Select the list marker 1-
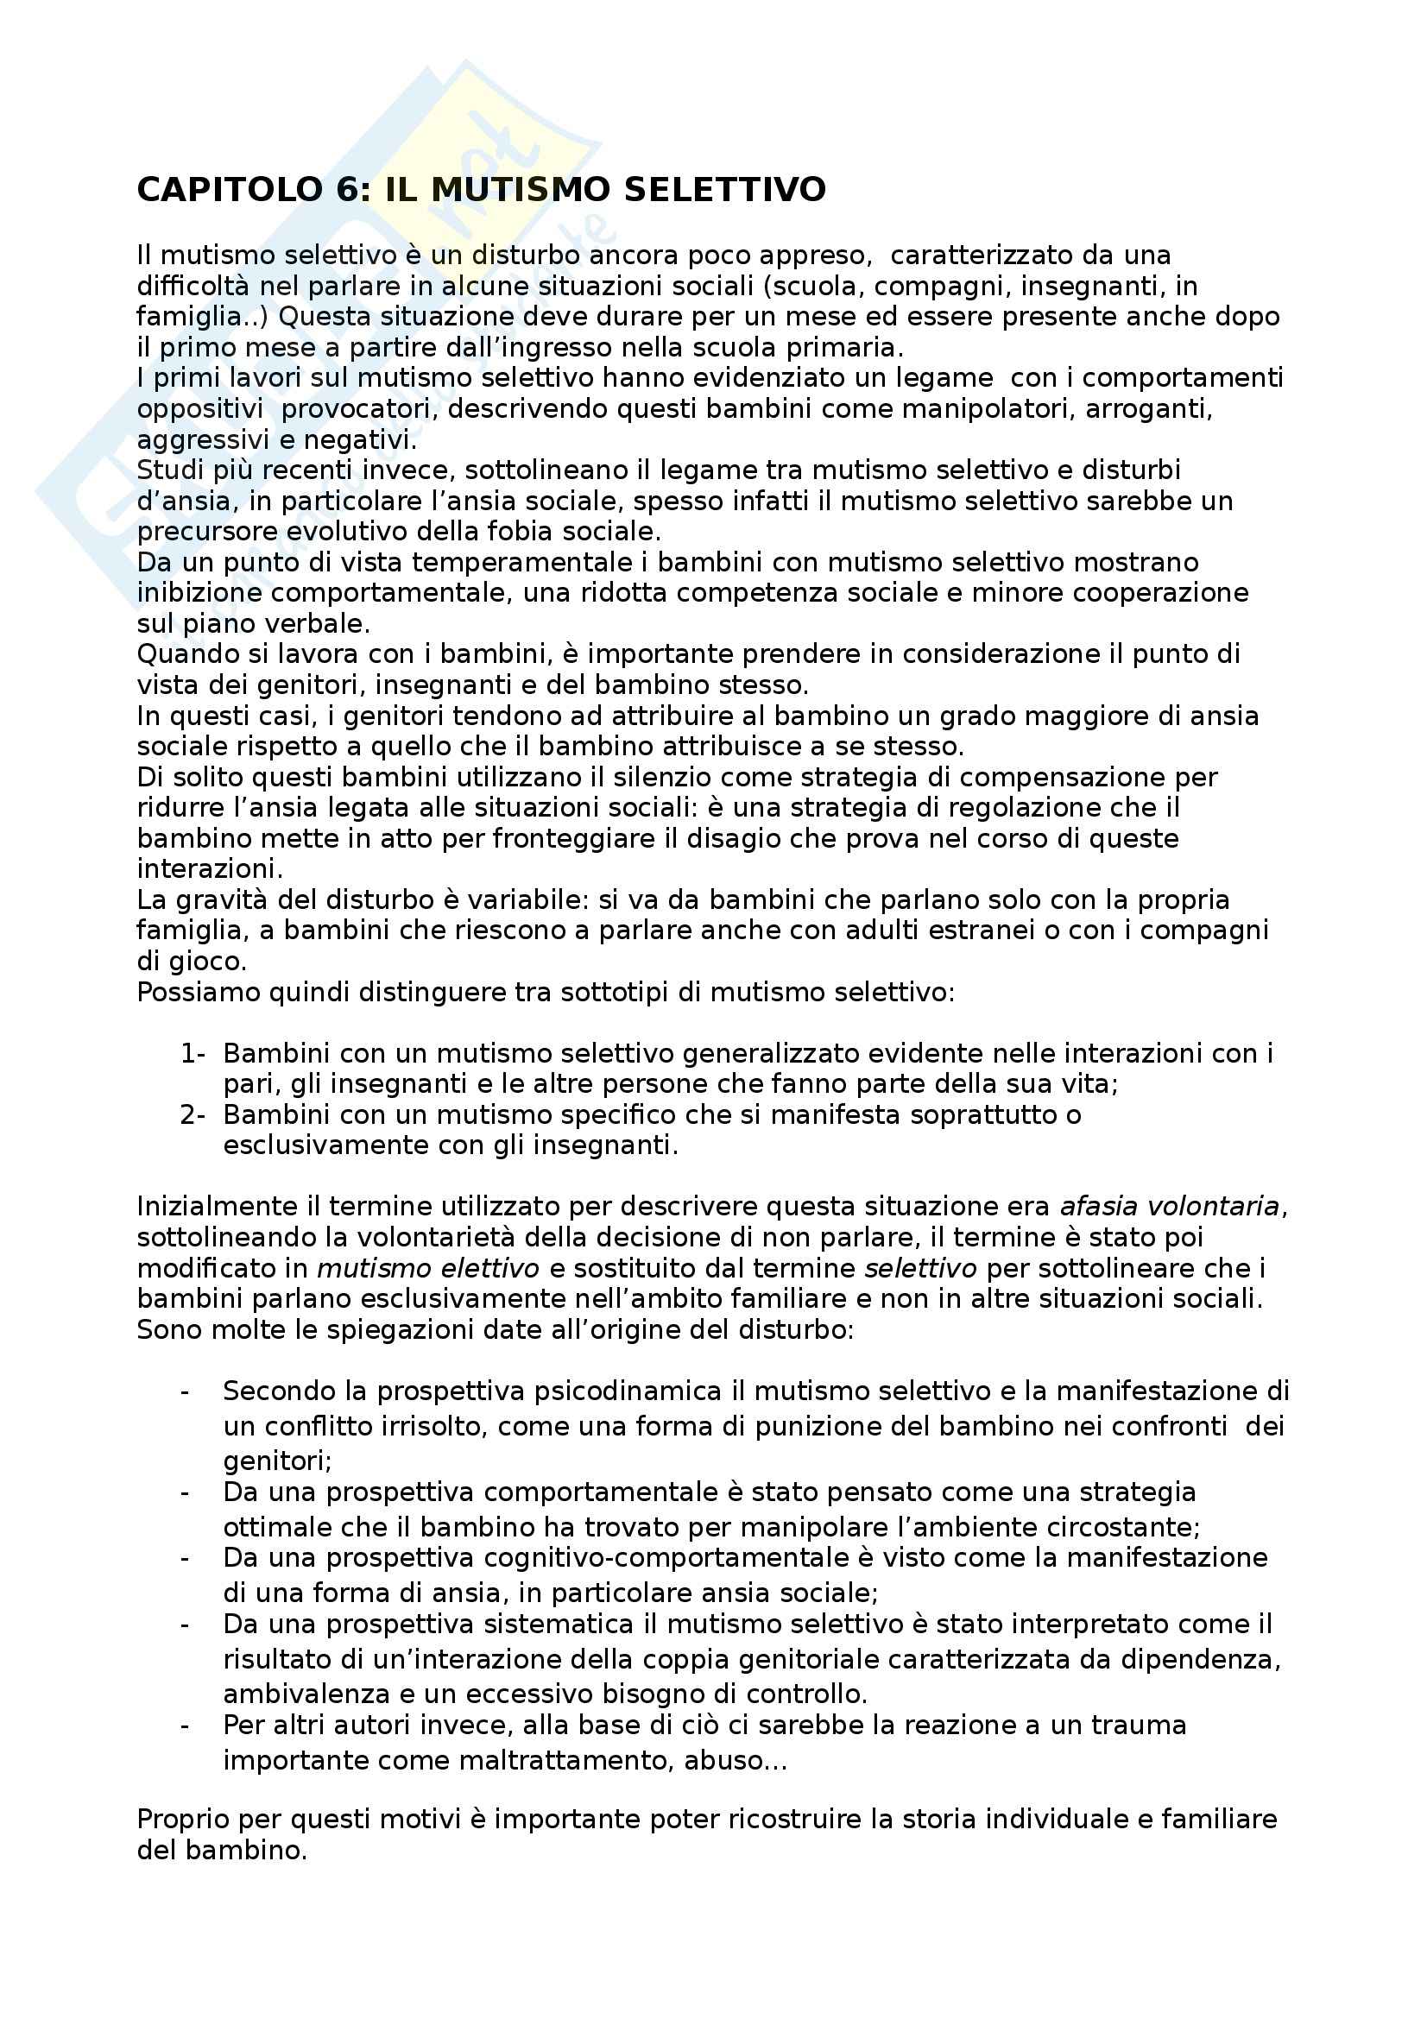tap(193, 1053)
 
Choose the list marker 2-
tap(193, 1115)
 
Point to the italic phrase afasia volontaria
tap(1170, 1207)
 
